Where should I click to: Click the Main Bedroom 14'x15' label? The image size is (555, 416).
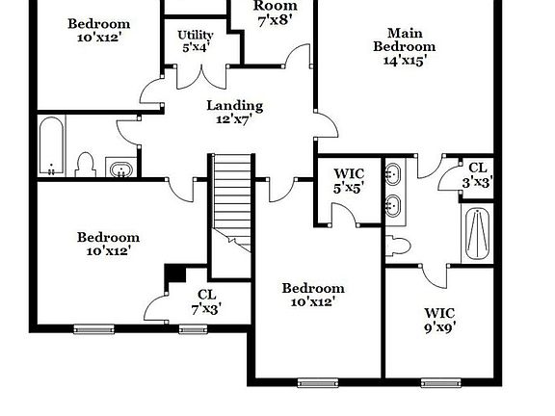pos(405,45)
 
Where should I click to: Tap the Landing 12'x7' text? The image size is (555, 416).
pos(234,113)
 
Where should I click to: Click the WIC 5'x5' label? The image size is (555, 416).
pos(348,180)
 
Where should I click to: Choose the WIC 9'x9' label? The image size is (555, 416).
pos(439,319)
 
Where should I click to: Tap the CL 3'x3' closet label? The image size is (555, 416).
pos(478,173)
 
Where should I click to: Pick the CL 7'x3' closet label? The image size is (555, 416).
pos(206,301)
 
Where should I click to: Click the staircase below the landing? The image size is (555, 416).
pos(231,202)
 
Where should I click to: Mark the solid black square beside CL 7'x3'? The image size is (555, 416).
pos(175,273)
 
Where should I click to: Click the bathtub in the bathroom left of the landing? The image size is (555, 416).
pos(52,146)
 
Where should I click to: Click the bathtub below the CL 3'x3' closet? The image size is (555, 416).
pos(476,233)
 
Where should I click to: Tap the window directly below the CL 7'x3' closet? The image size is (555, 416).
pos(194,329)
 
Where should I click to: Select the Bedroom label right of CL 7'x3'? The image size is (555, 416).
pos(312,295)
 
